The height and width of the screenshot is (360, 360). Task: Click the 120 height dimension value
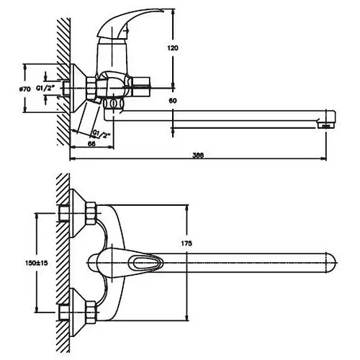[173, 48]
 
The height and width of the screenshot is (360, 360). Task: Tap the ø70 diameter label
[25, 89]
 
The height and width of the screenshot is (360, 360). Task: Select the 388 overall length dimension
[198, 156]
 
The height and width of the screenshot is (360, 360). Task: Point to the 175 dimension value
[186, 243]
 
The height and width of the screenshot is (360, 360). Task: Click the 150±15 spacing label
[37, 263]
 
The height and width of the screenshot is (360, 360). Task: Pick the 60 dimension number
[173, 101]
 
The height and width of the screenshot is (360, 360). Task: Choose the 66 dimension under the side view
[91, 143]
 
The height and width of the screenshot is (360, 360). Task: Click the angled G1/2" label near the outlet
[101, 134]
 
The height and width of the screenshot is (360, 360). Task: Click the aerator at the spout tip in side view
[325, 126]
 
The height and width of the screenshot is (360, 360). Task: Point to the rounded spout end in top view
[331, 263]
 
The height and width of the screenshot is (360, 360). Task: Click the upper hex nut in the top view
[91, 213]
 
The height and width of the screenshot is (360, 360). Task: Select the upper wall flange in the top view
[77, 213]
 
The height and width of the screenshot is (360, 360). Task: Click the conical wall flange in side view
[78, 89]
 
